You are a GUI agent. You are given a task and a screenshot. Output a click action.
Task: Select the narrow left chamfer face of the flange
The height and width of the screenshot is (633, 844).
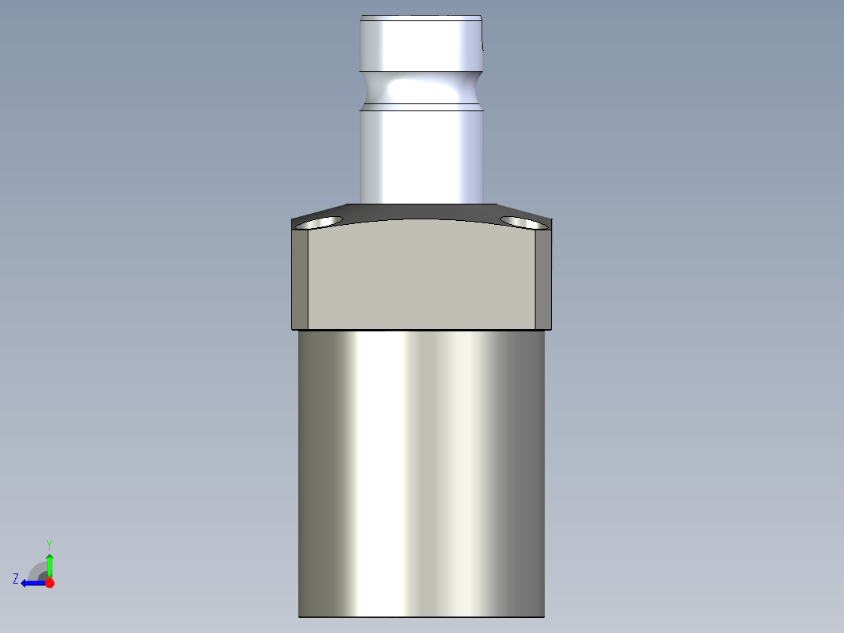(300, 278)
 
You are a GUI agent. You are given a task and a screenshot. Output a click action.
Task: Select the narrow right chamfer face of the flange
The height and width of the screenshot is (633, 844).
(544, 278)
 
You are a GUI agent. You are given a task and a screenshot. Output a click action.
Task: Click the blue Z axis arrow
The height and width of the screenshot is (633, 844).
(31, 583)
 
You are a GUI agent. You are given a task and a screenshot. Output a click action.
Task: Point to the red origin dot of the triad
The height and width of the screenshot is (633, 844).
(49, 583)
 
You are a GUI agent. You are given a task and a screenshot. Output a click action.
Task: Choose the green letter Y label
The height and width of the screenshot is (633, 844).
(49, 544)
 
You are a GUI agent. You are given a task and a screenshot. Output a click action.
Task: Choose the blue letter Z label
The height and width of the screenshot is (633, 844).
(16, 579)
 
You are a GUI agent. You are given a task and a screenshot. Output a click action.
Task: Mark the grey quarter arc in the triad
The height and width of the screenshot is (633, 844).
(37, 570)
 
